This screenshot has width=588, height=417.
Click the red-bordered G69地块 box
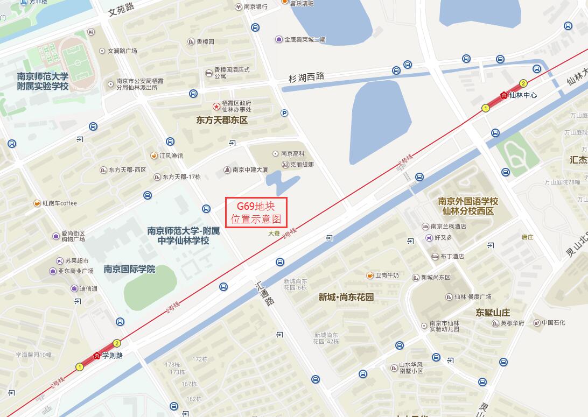[256, 213]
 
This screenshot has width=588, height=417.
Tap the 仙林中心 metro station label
[522, 95]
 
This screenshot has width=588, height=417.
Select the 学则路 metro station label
[113, 356]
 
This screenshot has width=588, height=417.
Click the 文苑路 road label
[120, 10]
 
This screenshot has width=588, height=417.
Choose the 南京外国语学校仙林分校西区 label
[468, 206]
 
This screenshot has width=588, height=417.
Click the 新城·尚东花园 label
[346, 297]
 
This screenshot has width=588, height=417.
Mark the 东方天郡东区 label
[222, 120]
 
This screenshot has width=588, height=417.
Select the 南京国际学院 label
[129, 269]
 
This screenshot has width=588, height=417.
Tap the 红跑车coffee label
[60, 203]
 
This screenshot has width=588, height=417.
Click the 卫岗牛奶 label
[387, 275]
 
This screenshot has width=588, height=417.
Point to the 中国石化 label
[553, 323]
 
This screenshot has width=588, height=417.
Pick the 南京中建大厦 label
[249, 169]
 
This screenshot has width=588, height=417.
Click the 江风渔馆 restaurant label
[171, 156]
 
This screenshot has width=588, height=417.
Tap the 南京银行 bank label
[255, 7]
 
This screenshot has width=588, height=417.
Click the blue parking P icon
[284, 113]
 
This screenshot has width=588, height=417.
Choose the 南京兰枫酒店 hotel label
[447, 227]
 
